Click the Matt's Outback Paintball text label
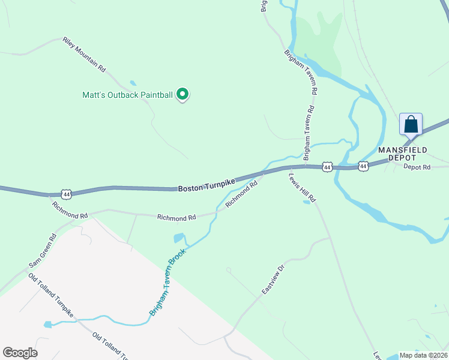pyautogui.click(x=127, y=95)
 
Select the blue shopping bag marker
pyautogui.click(x=411, y=125)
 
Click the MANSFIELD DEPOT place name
pyautogui.click(x=402, y=153)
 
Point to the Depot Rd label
pyautogui.click(x=417, y=167)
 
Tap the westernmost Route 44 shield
pyautogui.click(x=67, y=194)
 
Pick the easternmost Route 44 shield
pyautogui.click(x=363, y=166)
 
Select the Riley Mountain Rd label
pyautogui.click(x=84, y=55)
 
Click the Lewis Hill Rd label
pyautogui.click(x=301, y=188)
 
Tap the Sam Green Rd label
pyautogui.click(x=43, y=251)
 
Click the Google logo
pyautogui.click(x=20, y=353)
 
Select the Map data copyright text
pyautogui.click(x=423, y=355)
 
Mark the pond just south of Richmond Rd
pyautogui.click(x=179, y=238)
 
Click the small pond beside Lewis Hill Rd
pyautogui.click(x=307, y=202)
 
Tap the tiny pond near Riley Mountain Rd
pyautogui.click(x=133, y=83)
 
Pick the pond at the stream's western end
pyautogui.click(x=47, y=325)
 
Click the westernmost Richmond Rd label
pyautogui.click(x=70, y=210)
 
